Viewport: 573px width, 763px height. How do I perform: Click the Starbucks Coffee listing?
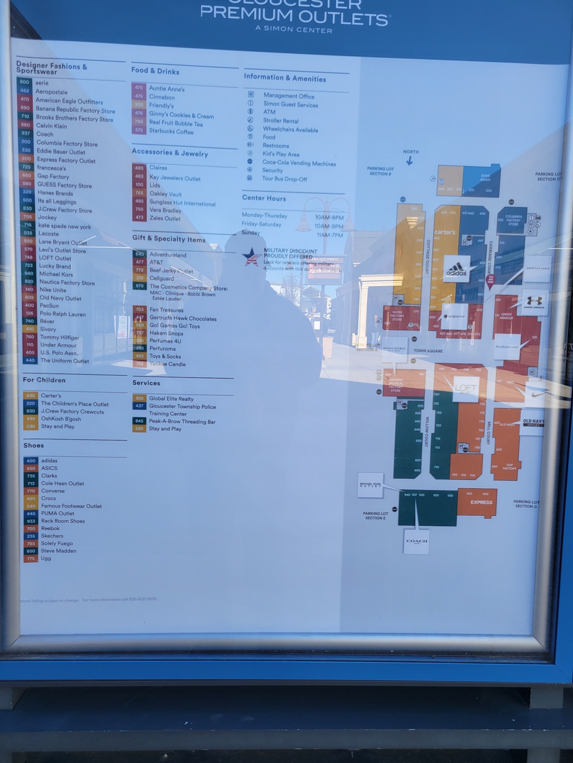pyautogui.click(x=171, y=131)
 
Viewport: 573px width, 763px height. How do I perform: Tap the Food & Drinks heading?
pyautogui.click(x=155, y=71)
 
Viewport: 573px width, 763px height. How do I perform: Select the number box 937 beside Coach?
pyautogui.click(x=26, y=134)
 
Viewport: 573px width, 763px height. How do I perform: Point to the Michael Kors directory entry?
pyautogui.click(x=56, y=274)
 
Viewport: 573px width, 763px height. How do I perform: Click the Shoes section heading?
pyautogui.click(x=34, y=445)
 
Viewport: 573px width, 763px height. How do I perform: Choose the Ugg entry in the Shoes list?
pyautogui.click(x=46, y=558)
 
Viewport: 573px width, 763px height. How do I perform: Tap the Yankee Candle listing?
pyautogui.click(x=167, y=364)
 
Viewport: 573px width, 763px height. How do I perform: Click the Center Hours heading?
pyautogui.click(x=264, y=198)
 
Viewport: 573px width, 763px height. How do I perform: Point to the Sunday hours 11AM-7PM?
pyautogui.click(x=330, y=235)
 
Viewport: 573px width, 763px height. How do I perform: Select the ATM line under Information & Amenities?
pyautogui.click(x=269, y=112)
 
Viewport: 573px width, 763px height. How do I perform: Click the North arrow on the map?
pyautogui.click(x=410, y=161)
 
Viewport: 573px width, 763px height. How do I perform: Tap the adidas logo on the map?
pyautogui.click(x=456, y=269)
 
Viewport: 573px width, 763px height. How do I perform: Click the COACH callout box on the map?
pyautogui.click(x=416, y=541)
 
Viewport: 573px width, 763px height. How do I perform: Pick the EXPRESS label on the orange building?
pyautogui.click(x=481, y=502)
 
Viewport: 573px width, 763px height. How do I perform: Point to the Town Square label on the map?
pyautogui.click(x=428, y=351)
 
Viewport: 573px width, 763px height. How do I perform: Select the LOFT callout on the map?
pyautogui.click(x=465, y=388)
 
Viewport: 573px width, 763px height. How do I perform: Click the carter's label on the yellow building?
pyautogui.click(x=445, y=232)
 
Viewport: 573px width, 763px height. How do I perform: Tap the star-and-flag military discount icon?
pyautogui.click(x=251, y=256)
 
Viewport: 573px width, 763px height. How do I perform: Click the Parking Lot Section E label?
pyautogui.click(x=375, y=515)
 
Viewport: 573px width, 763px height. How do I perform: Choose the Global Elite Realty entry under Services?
pyautogui.click(x=171, y=399)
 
